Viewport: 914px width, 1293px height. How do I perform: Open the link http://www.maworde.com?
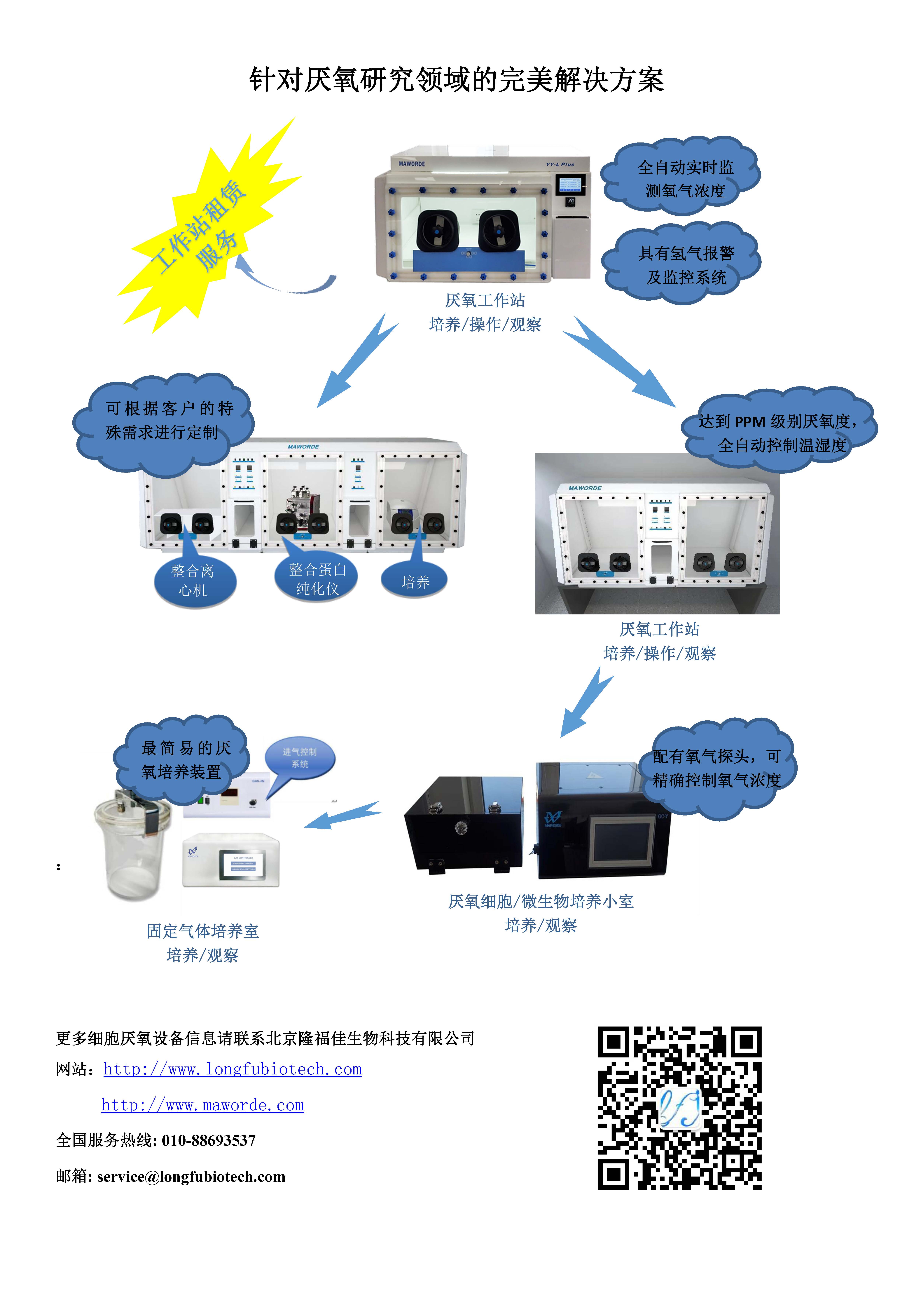point(203,1105)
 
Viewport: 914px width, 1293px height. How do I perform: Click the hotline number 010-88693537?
point(208,1140)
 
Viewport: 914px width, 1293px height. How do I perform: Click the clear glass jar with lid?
point(132,845)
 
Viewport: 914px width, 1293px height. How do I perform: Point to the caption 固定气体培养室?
point(203,931)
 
